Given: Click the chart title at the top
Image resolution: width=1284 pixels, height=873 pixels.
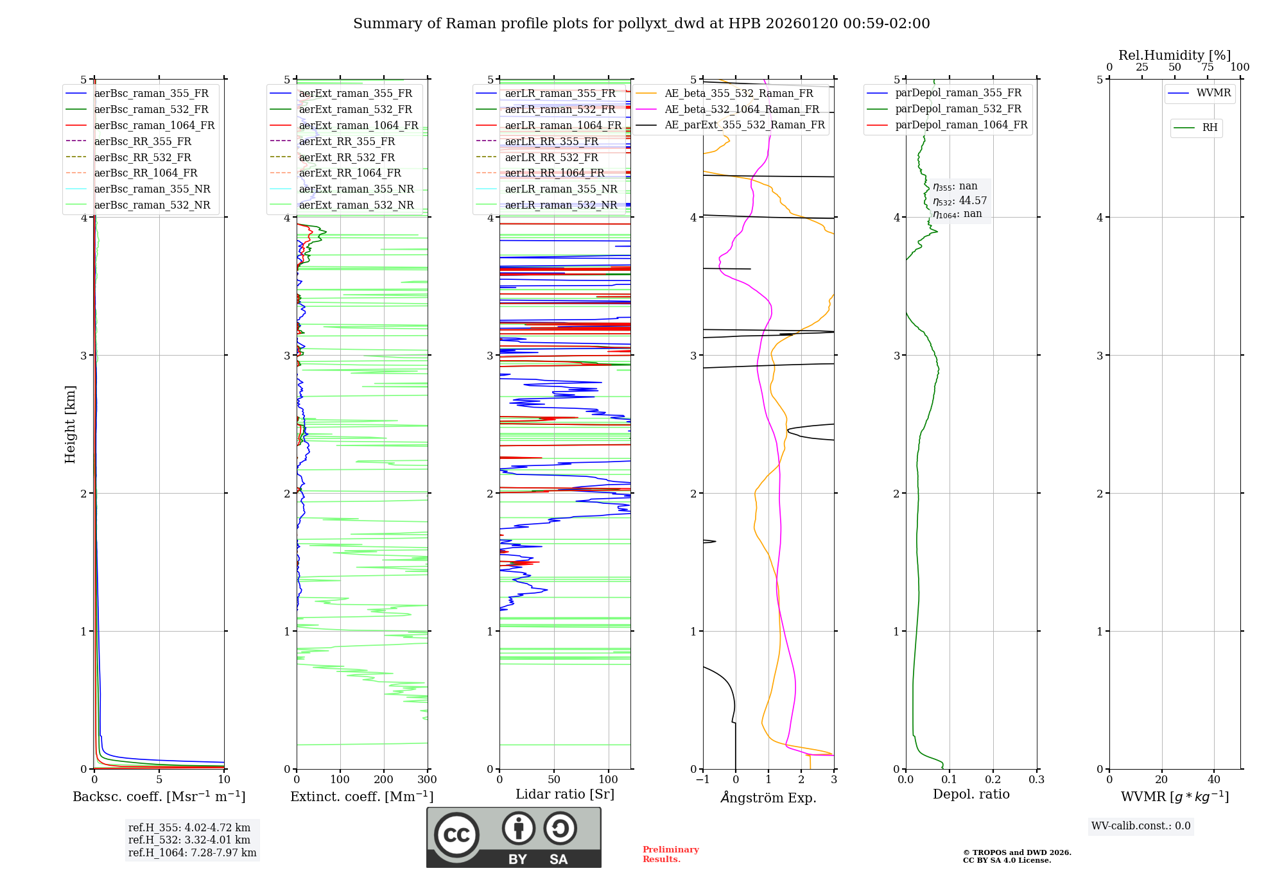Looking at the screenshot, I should pyautogui.click(x=641, y=24).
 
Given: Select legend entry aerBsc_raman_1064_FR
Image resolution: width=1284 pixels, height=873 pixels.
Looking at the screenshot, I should pyautogui.click(x=154, y=125).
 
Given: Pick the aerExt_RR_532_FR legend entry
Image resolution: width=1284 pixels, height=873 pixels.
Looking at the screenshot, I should pyautogui.click(x=347, y=157).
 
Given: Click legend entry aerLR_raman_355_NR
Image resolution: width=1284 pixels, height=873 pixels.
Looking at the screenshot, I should pyautogui.click(x=560, y=189).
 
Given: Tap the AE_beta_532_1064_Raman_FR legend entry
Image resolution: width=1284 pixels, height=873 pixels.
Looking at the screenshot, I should pyautogui.click(x=742, y=109).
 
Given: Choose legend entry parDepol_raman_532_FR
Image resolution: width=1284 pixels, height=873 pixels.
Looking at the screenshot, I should pyautogui.click(x=958, y=108).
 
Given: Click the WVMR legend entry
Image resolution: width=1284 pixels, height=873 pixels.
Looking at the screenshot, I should pyautogui.click(x=1213, y=93).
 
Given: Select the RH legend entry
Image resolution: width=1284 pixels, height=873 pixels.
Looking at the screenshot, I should pyautogui.click(x=1210, y=128).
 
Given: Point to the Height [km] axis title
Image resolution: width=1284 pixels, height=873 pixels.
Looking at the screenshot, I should pyautogui.click(x=70, y=424).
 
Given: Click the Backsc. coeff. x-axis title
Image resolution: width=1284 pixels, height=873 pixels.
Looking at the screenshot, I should pyautogui.click(x=159, y=797).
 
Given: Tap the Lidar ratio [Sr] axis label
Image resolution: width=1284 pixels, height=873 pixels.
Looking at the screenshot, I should pyautogui.click(x=564, y=794).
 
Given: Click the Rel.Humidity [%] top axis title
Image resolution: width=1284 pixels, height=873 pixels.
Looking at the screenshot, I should pyautogui.click(x=1174, y=55).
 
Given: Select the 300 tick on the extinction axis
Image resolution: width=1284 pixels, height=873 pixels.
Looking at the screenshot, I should pyautogui.click(x=427, y=780).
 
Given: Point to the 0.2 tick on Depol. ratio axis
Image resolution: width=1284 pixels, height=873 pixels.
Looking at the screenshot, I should pyautogui.click(x=993, y=780).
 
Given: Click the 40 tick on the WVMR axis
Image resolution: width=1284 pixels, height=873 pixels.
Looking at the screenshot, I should pyautogui.click(x=1213, y=780).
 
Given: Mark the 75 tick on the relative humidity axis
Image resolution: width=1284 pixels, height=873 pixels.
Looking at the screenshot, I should pyautogui.click(x=1207, y=67).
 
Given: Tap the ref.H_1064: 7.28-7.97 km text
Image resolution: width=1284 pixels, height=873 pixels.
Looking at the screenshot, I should pyautogui.click(x=192, y=852).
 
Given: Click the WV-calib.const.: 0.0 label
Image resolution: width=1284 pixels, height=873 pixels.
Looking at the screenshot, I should pyautogui.click(x=1140, y=826).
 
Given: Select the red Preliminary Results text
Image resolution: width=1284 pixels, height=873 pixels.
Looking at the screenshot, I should pyautogui.click(x=670, y=854).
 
